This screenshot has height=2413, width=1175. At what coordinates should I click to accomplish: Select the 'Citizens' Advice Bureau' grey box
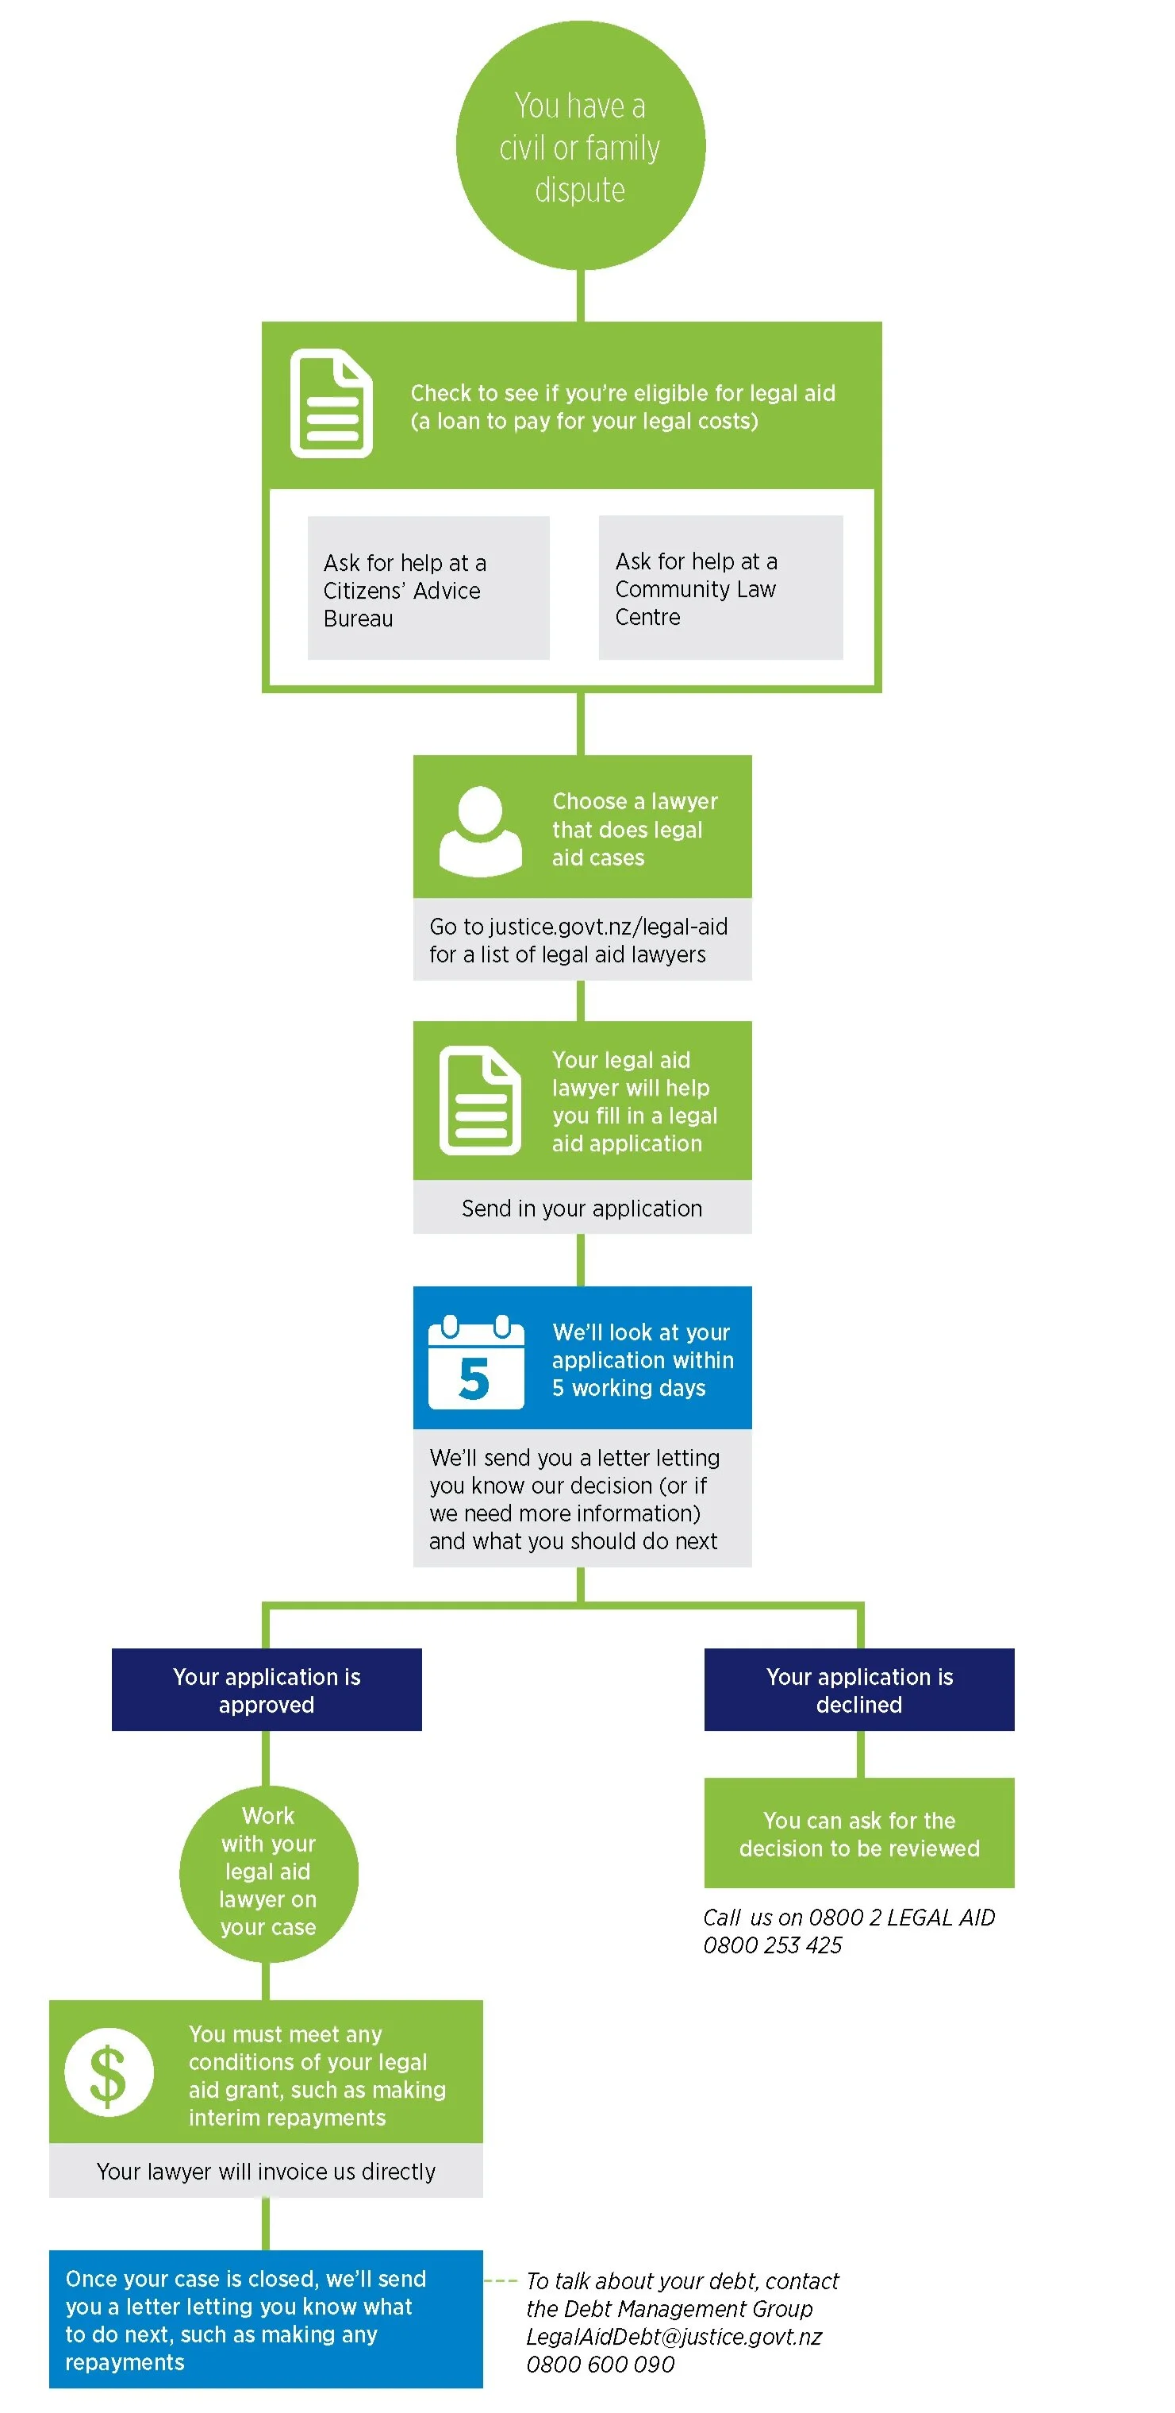(x=428, y=588)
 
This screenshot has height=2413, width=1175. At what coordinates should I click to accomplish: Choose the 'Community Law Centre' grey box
(x=720, y=588)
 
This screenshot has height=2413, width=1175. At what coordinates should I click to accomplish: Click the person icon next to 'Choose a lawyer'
(x=480, y=830)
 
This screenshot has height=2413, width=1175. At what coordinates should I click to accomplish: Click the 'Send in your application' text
(x=582, y=1208)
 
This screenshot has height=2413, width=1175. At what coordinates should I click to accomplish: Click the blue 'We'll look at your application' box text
(x=643, y=1359)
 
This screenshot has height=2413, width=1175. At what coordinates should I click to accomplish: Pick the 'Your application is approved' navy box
(x=267, y=1690)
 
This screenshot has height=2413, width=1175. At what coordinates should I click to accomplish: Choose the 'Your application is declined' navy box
(x=858, y=1690)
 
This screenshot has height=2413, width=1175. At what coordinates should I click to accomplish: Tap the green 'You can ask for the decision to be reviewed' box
(x=858, y=1833)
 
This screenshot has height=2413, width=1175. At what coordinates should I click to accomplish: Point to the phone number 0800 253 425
(x=773, y=1945)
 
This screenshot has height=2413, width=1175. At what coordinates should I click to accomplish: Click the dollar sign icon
(x=109, y=2074)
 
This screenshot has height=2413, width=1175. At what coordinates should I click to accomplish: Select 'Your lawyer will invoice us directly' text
(x=266, y=2172)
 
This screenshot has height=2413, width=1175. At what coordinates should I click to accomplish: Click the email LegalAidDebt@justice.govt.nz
(x=673, y=2336)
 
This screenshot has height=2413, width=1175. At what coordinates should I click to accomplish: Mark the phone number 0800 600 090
(x=600, y=2365)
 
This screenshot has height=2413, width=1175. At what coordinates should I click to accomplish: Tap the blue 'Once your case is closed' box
(x=266, y=2319)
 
